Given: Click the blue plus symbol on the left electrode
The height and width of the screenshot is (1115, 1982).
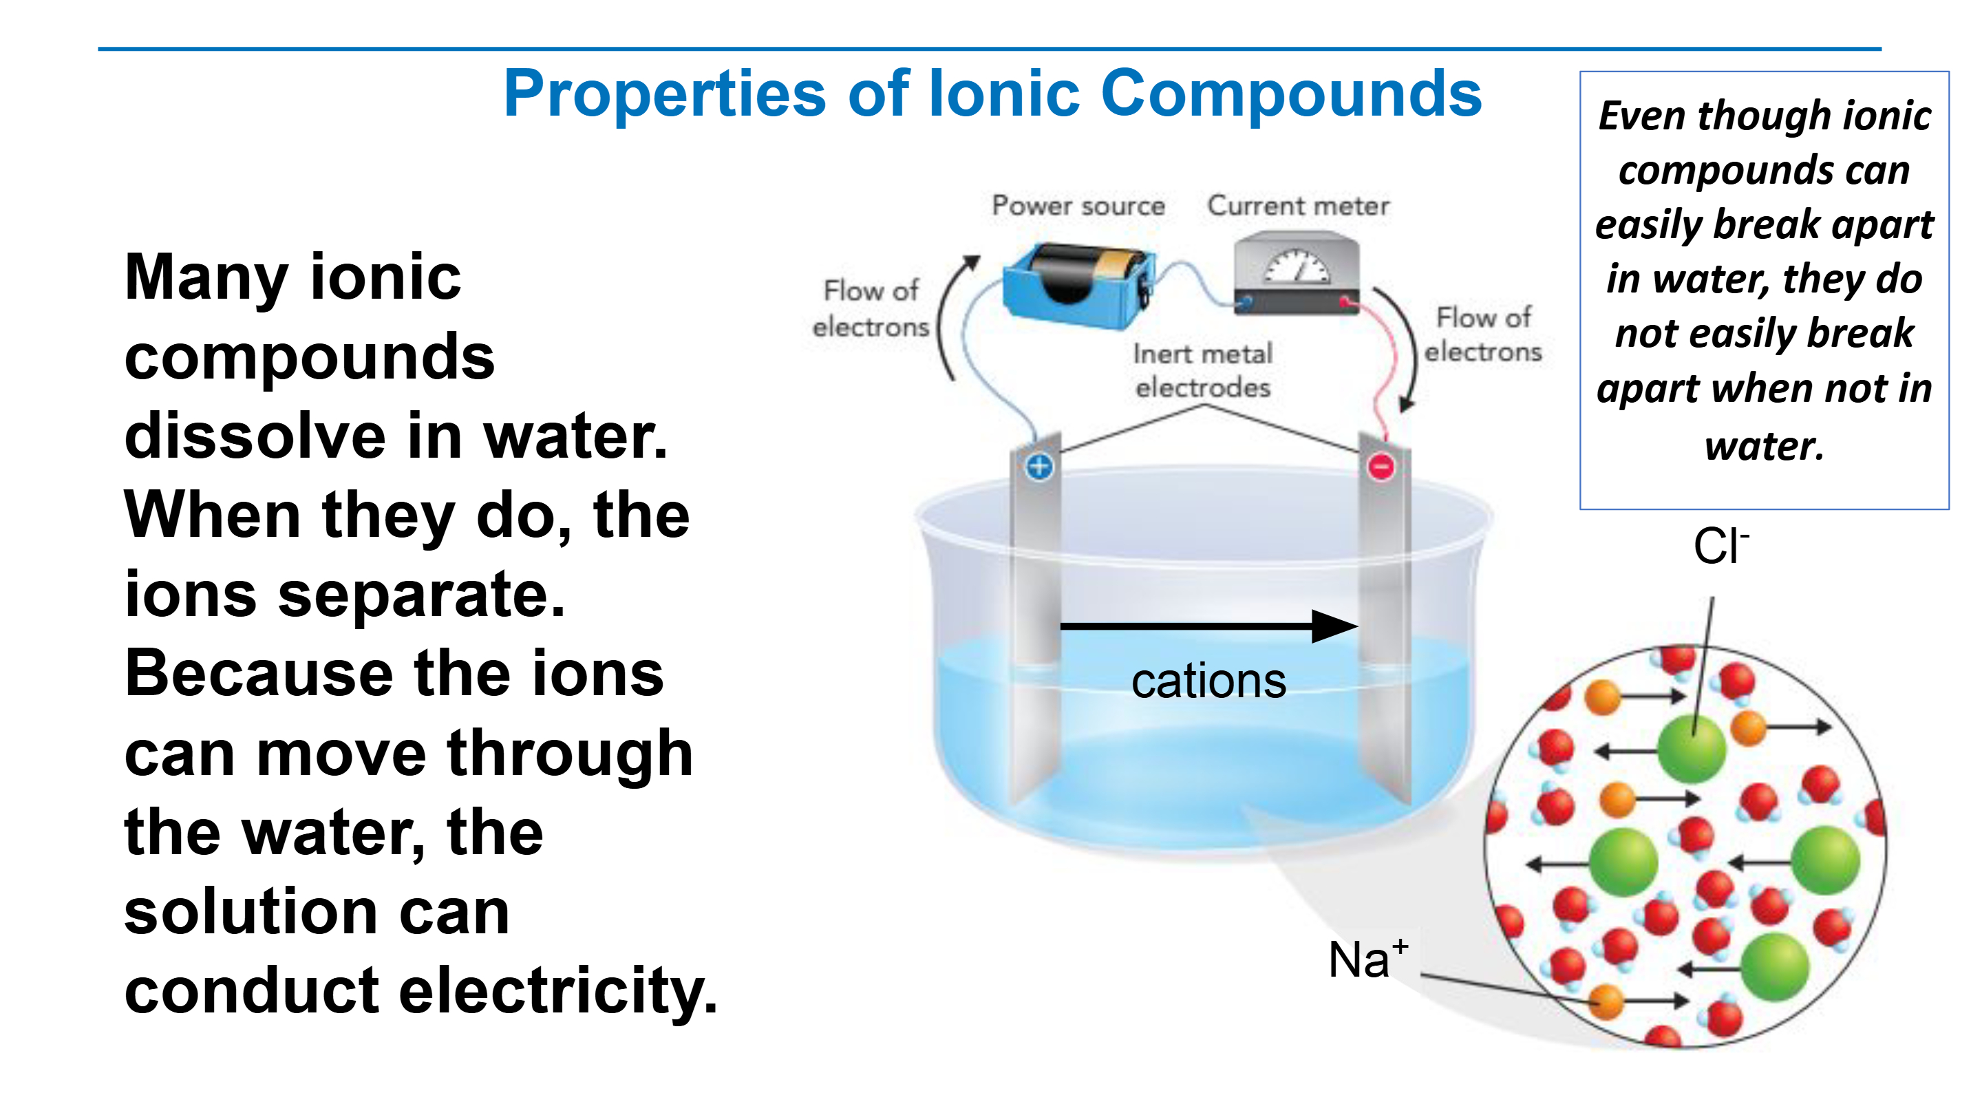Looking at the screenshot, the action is click(1039, 467).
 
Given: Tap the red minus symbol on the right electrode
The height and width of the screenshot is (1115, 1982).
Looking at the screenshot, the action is click(1381, 467).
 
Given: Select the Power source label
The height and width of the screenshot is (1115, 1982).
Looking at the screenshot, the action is click(1078, 206).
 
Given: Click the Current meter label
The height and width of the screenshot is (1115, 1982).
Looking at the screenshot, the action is click(1298, 206).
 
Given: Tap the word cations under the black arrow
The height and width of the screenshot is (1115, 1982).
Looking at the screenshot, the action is click(1208, 682).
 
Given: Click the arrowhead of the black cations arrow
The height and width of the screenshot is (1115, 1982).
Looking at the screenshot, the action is click(1335, 626).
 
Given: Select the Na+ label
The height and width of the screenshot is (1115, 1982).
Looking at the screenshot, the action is click(1368, 959).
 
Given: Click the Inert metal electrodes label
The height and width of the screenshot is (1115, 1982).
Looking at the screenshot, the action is click(1202, 370).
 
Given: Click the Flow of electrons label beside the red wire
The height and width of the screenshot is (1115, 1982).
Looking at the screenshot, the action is click(1482, 334).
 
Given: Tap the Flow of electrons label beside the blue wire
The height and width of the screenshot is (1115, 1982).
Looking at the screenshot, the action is click(871, 308).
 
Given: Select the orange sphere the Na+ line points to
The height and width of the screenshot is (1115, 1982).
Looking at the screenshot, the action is click(1606, 1002).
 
